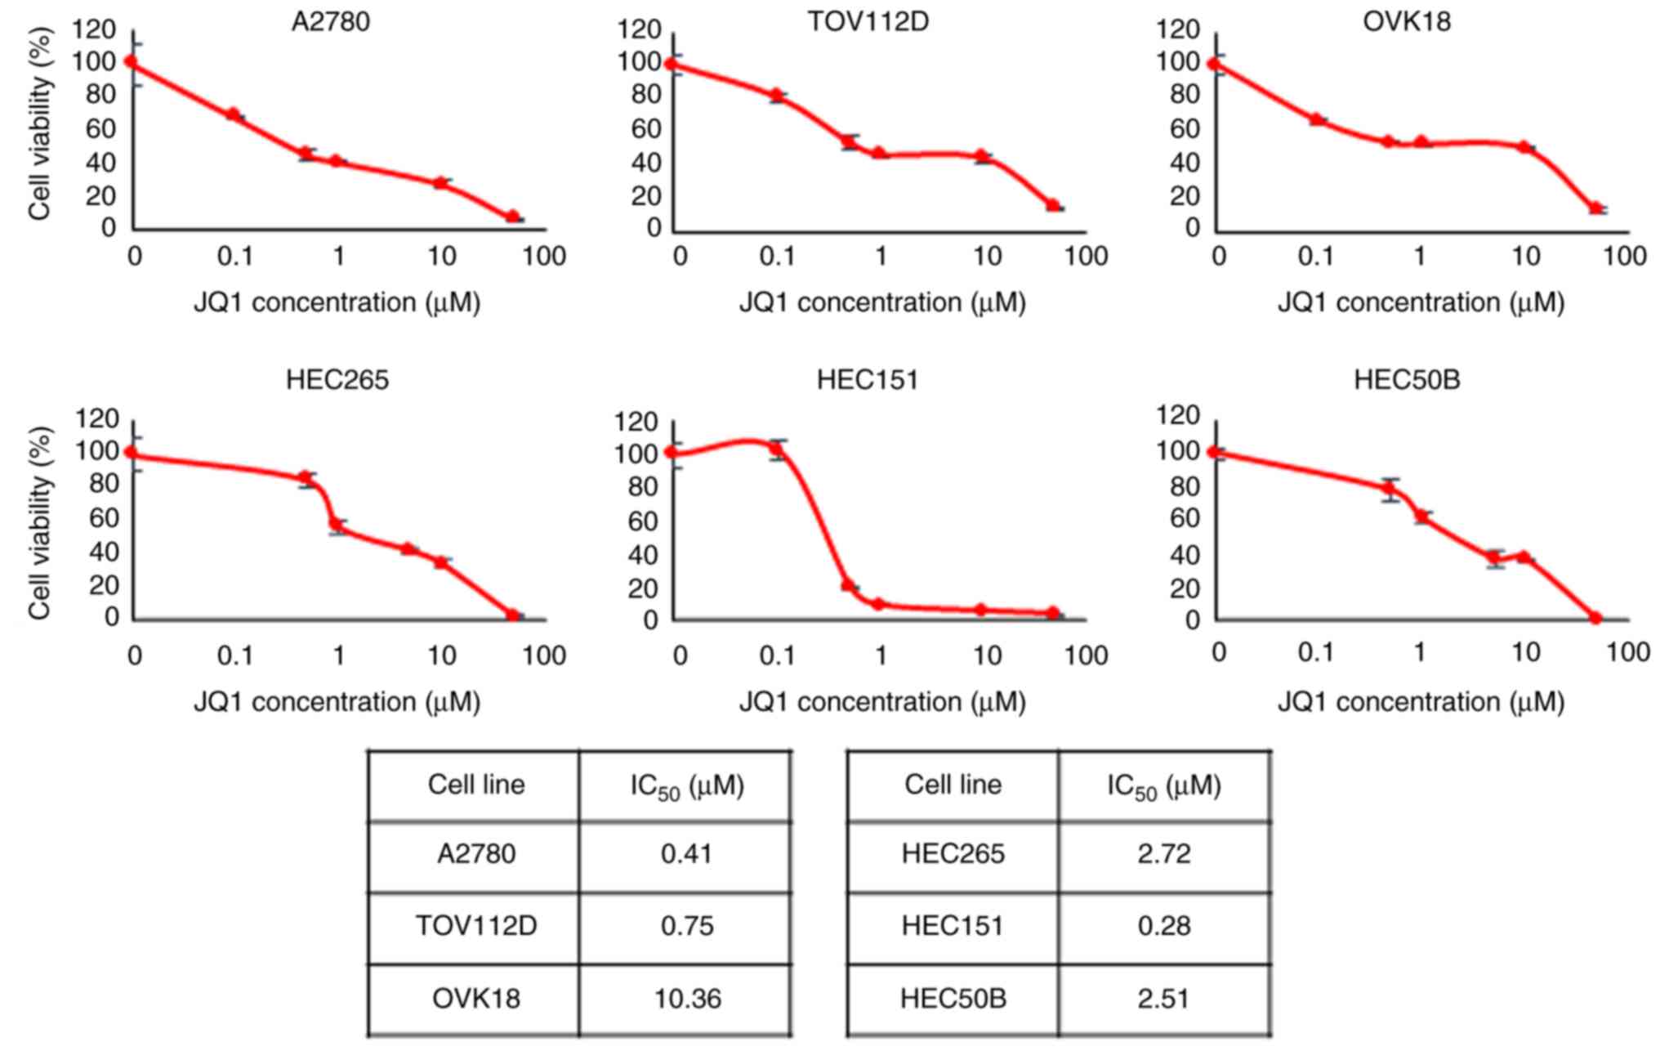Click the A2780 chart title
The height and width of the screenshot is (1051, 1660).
(x=331, y=21)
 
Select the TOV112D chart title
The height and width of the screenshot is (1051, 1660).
(x=868, y=21)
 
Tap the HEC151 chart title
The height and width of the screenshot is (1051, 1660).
(x=868, y=380)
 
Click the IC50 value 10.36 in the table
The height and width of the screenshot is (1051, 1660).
(x=687, y=999)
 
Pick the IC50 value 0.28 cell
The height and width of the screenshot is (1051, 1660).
(x=1163, y=926)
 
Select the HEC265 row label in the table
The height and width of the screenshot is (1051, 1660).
(x=953, y=854)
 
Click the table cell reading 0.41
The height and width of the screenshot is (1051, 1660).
(x=687, y=854)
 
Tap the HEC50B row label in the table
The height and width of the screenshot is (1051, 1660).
(x=953, y=999)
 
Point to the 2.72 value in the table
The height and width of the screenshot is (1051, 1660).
(x=1163, y=854)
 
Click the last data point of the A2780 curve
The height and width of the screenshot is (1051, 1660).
(x=512, y=217)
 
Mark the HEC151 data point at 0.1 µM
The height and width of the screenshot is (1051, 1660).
(x=777, y=448)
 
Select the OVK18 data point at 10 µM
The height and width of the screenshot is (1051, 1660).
(x=1524, y=147)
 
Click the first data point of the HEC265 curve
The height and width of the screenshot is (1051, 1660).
(x=131, y=452)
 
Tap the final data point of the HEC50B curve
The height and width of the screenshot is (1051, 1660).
(x=1595, y=618)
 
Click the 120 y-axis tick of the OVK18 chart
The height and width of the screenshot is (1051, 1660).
(x=1178, y=30)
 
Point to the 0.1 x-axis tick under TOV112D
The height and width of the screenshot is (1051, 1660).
(x=777, y=257)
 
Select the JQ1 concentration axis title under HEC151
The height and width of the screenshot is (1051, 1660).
(x=882, y=702)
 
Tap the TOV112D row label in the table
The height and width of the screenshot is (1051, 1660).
(x=476, y=926)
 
